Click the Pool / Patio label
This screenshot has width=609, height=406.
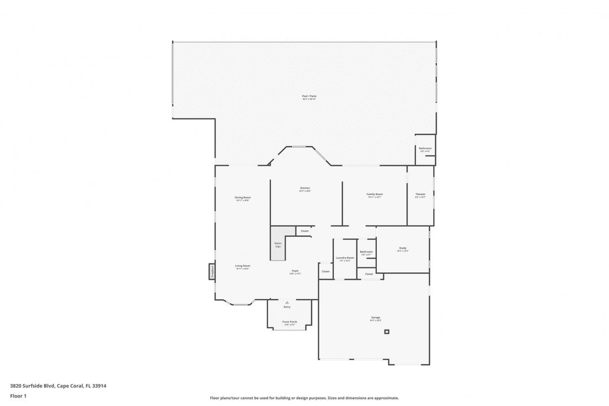309,96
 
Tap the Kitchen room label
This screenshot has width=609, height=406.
305,188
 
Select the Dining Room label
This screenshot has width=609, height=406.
242,197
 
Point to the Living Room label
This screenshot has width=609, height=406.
242,266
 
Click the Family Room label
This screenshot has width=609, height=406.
375,194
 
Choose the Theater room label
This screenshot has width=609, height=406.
420,194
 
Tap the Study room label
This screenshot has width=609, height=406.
403,248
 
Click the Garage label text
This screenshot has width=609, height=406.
376,318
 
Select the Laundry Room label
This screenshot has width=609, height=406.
345,258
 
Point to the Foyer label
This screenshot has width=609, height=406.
295,271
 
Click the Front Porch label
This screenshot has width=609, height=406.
290,322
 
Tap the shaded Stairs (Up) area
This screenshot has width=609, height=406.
278,244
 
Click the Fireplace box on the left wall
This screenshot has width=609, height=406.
212,271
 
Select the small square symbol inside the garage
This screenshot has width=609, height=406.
387,332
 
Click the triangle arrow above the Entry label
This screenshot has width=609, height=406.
287,302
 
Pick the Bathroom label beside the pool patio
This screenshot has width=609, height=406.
425,149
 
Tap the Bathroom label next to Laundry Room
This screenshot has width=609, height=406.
366,251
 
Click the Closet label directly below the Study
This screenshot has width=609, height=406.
369,274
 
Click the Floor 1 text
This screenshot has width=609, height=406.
18,396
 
